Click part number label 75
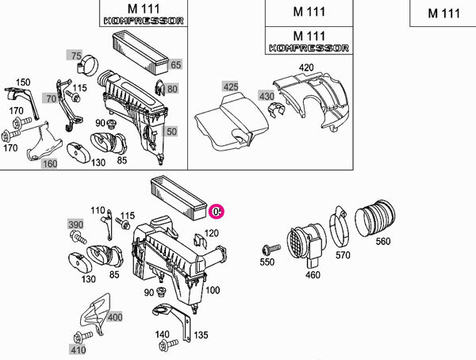(76, 56)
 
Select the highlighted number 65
(175, 64)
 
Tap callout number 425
(230, 86)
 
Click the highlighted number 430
(267, 96)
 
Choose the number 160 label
(50, 163)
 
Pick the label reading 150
(23, 82)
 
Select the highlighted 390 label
(75, 226)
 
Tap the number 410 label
(77, 349)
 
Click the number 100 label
(213, 290)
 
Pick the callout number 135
(201, 335)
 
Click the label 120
(211, 233)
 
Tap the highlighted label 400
(115, 317)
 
